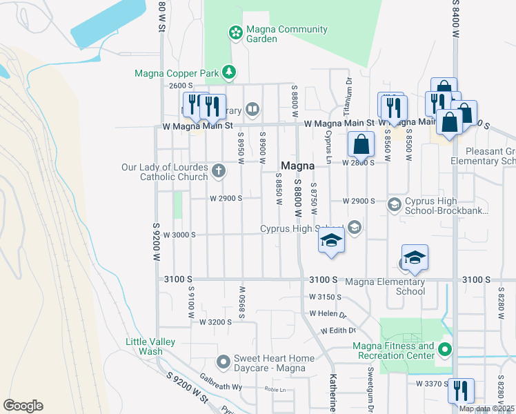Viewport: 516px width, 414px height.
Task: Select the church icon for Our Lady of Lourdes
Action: pos(219,170)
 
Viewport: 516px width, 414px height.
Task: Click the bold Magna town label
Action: pos(298,166)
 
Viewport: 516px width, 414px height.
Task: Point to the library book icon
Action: pos(253,108)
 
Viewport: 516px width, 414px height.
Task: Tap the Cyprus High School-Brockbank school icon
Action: pos(394,204)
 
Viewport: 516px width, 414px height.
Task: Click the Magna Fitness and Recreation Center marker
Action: pos(445,350)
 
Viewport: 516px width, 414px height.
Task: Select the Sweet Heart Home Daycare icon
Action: pos(224,362)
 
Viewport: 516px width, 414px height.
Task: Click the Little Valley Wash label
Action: pos(150,346)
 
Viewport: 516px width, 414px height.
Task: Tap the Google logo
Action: pos(23,406)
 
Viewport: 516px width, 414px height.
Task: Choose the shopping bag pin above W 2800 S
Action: pos(361,145)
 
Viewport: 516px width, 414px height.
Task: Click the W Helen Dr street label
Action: pos(327,313)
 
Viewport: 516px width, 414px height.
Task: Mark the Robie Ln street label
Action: pos(275,389)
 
